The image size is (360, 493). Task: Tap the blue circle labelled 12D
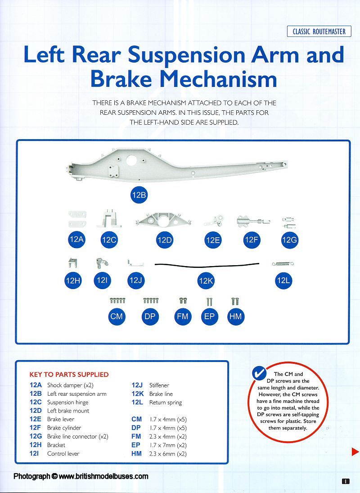click(165, 240)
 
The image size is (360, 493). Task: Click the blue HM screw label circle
click(235, 317)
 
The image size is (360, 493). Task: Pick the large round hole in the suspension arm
click(134, 161)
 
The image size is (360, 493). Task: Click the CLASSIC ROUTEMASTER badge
click(319, 32)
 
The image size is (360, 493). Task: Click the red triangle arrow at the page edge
click(355, 452)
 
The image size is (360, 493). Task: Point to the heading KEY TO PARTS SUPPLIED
click(69, 374)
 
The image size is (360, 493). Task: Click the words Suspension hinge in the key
click(67, 402)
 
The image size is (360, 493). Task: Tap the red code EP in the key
click(136, 445)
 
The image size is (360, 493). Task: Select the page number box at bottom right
click(346, 481)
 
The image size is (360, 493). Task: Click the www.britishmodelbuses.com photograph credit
click(81, 476)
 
